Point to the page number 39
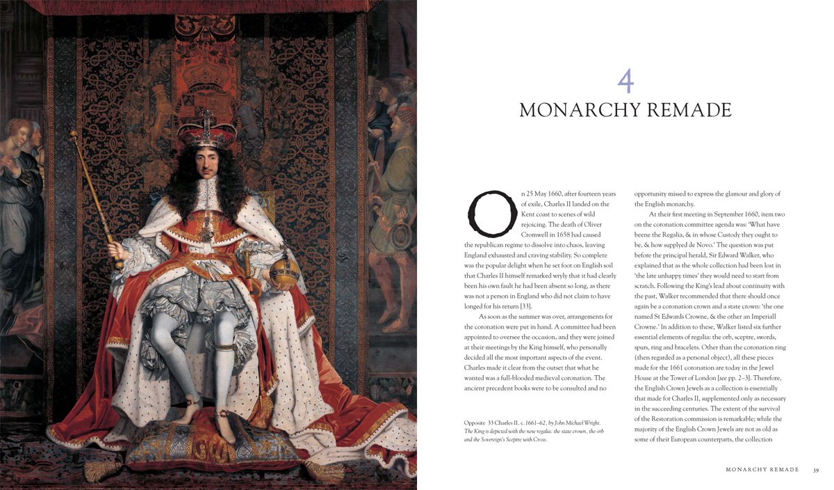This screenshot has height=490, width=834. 816,470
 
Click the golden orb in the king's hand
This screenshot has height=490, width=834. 285,271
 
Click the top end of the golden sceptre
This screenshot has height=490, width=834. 72,134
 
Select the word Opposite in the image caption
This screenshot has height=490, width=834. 477,423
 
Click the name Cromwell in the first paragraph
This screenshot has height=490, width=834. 543,235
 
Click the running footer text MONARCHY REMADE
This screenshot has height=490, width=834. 762,470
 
